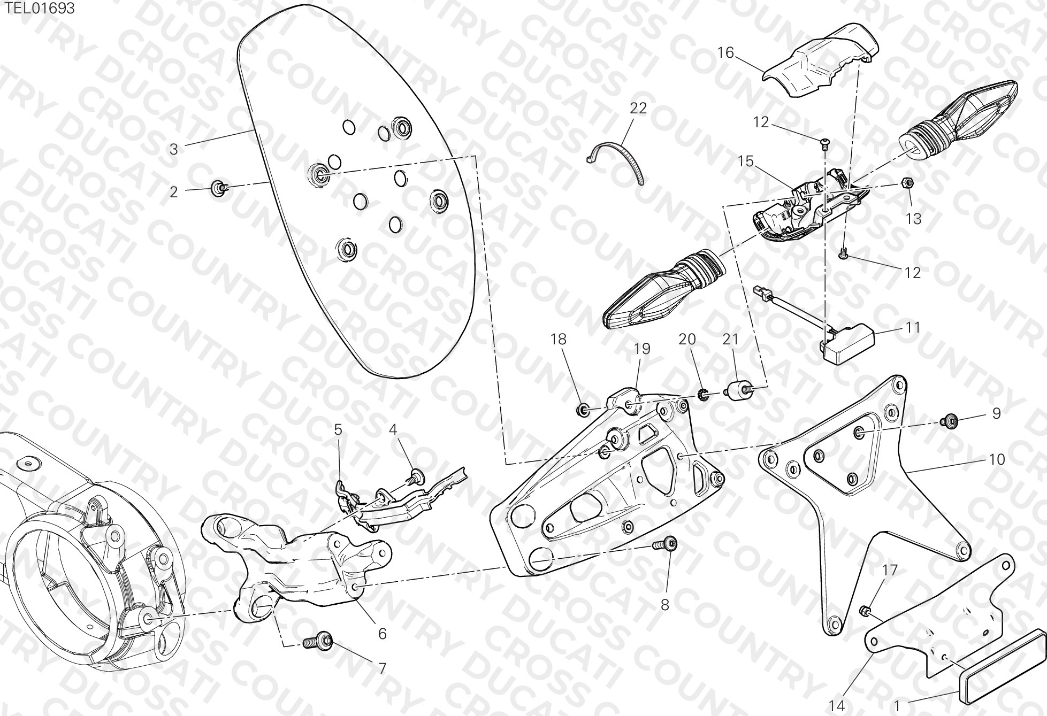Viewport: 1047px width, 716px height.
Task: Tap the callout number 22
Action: pyautogui.click(x=638, y=108)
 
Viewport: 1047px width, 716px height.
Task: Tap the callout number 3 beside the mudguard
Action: pyautogui.click(x=173, y=149)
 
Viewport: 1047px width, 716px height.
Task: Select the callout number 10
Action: pyautogui.click(x=997, y=459)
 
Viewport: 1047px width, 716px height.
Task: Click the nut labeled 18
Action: pyautogui.click(x=583, y=411)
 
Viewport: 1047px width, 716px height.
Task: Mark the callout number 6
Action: pyautogui.click(x=382, y=633)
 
